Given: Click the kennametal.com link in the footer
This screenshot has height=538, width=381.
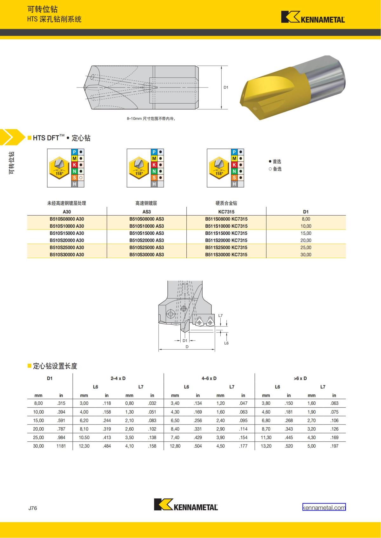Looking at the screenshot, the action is (x=324, y=508).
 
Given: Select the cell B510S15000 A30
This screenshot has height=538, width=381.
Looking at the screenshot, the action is (x=67, y=233).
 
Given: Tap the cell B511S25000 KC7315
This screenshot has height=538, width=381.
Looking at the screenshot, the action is (x=226, y=247).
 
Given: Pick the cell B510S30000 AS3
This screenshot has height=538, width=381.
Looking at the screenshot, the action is (x=146, y=255).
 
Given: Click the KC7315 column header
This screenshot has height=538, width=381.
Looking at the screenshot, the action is (x=226, y=211).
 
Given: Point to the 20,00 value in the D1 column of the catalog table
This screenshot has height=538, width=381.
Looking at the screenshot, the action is (x=306, y=240).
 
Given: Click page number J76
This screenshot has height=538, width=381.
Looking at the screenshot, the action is (x=33, y=508).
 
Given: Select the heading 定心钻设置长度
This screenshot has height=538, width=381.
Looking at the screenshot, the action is (x=55, y=366).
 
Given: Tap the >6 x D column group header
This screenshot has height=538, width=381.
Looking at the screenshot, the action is (x=300, y=378).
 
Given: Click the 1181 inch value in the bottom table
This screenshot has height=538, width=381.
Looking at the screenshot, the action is (x=61, y=446).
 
